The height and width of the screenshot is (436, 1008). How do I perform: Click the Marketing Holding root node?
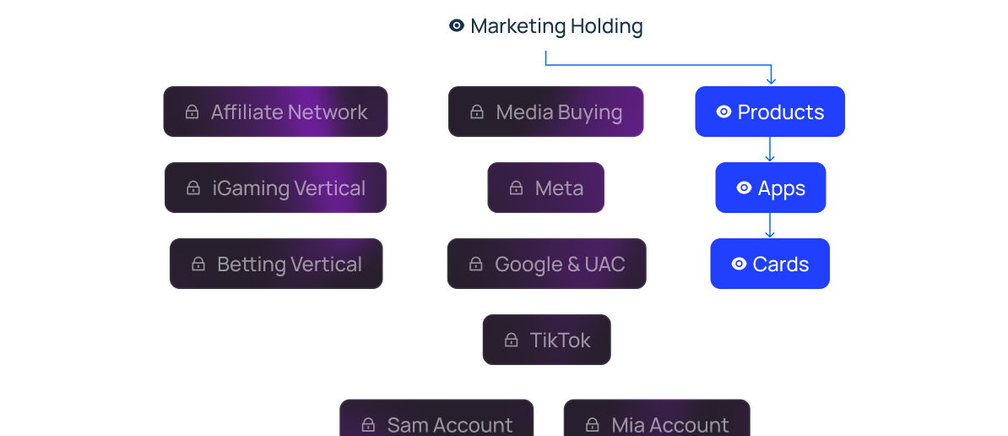545,26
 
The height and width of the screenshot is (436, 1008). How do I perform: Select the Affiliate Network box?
275,112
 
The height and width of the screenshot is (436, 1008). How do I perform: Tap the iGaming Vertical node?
275,188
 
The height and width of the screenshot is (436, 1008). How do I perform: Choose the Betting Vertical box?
276,264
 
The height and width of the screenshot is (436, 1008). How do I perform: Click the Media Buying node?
545,112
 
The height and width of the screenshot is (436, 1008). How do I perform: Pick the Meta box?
545,188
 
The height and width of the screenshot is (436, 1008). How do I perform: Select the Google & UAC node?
546,264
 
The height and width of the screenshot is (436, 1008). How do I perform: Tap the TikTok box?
546,340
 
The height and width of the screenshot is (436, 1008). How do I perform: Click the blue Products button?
769,112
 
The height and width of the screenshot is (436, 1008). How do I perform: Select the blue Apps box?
770,188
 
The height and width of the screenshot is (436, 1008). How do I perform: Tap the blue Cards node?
769,264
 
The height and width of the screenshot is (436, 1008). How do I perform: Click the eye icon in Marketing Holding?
457,26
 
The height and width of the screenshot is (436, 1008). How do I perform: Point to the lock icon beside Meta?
516,188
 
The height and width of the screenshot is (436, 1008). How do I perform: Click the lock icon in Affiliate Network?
192,112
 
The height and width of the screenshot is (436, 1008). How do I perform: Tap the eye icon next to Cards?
739,264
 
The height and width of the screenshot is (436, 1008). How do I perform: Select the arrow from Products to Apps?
769,150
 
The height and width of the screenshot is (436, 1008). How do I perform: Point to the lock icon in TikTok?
511,340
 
